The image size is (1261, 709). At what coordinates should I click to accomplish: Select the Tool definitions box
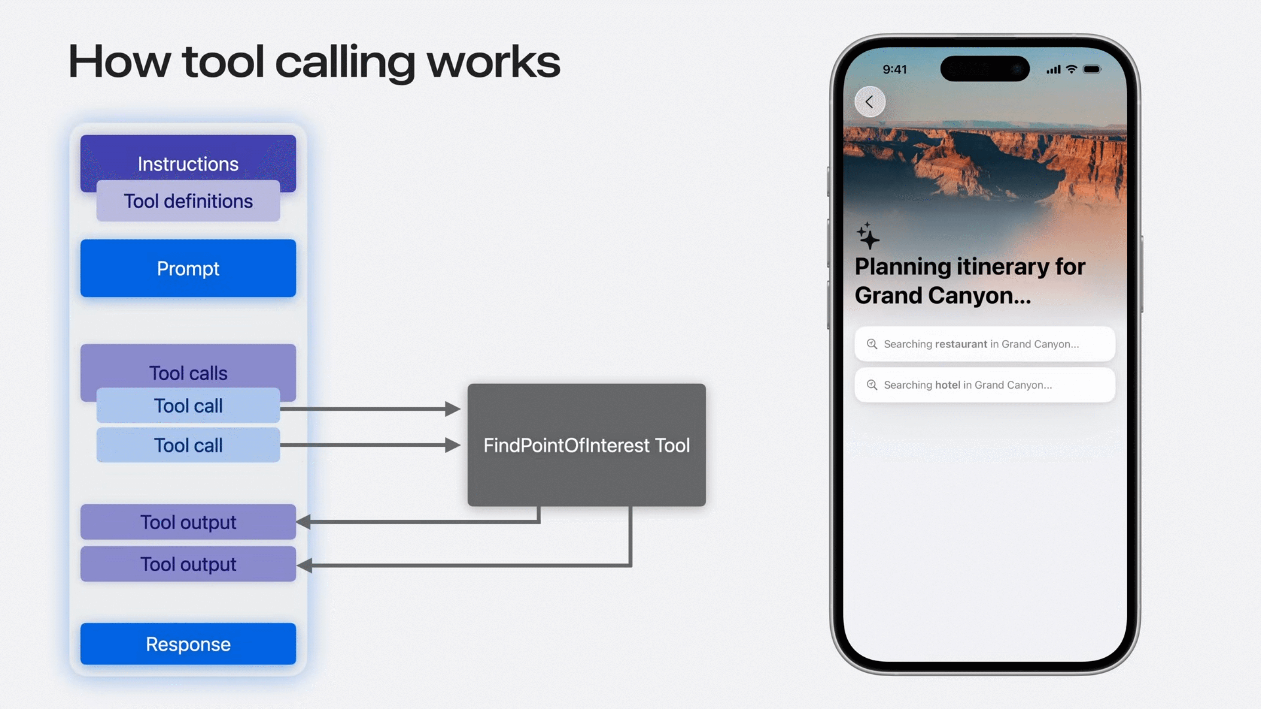(188, 201)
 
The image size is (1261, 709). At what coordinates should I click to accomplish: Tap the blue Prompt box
(188, 268)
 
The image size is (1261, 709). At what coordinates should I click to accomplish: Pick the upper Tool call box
(188, 406)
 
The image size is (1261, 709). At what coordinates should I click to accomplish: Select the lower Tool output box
(188, 564)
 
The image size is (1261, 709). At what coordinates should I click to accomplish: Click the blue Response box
(188, 644)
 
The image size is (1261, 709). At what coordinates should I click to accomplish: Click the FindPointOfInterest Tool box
(586, 445)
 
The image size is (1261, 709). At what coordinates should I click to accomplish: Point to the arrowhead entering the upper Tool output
(303, 522)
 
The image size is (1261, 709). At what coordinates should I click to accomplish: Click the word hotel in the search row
(948, 385)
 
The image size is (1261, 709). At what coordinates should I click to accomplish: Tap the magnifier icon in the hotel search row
(872, 385)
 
